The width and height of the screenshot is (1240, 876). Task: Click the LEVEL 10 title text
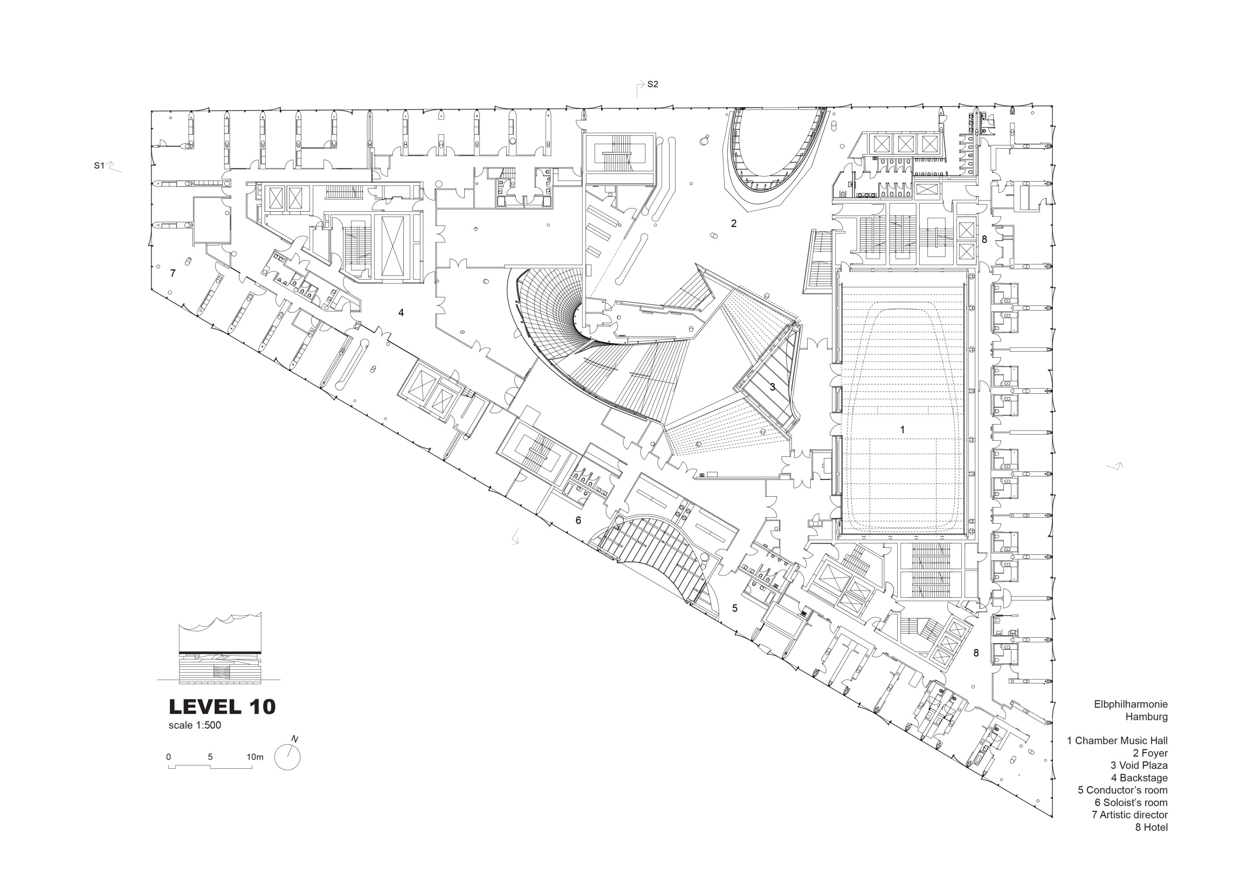[x=223, y=707]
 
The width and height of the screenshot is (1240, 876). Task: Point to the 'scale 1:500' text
[x=195, y=725]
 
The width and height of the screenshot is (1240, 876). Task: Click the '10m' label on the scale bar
[x=255, y=757]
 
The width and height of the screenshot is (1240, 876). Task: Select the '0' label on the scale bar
[x=169, y=757]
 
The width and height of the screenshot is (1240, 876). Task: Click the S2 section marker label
[x=652, y=84]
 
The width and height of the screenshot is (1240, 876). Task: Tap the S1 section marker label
[x=99, y=166]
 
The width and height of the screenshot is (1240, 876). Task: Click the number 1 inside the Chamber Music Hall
[x=902, y=429]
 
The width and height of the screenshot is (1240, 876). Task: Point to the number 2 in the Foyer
[x=733, y=223]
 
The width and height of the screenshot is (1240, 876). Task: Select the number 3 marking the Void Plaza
[x=772, y=386]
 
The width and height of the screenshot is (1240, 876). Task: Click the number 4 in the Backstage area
[x=401, y=312]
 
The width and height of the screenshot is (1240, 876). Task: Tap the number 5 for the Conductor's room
[x=734, y=608]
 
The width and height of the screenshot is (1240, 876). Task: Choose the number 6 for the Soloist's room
[x=578, y=520]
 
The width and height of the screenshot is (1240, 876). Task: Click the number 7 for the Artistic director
[x=173, y=273]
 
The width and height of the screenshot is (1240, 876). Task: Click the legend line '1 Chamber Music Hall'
[x=1117, y=741]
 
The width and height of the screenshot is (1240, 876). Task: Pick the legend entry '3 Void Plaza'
[x=1139, y=766]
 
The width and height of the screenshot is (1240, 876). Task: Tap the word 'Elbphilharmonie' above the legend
[x=1131, y=704]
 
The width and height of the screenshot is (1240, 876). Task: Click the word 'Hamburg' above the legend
[x=1147, y=717]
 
